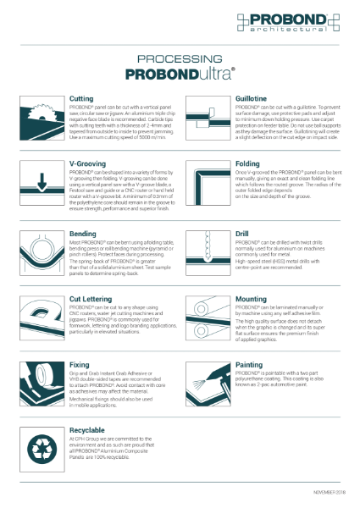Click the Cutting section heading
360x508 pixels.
coord(81,99)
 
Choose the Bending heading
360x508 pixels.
coord(82,234)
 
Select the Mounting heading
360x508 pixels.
coord(250,299)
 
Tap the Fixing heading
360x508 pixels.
coord(79,365)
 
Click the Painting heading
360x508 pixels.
coord(248,365)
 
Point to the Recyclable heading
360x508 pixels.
coord(87,429)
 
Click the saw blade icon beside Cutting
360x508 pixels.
coord(42,117)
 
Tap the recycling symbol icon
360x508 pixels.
coord(42,448)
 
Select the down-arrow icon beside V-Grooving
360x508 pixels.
coord(42,181)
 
